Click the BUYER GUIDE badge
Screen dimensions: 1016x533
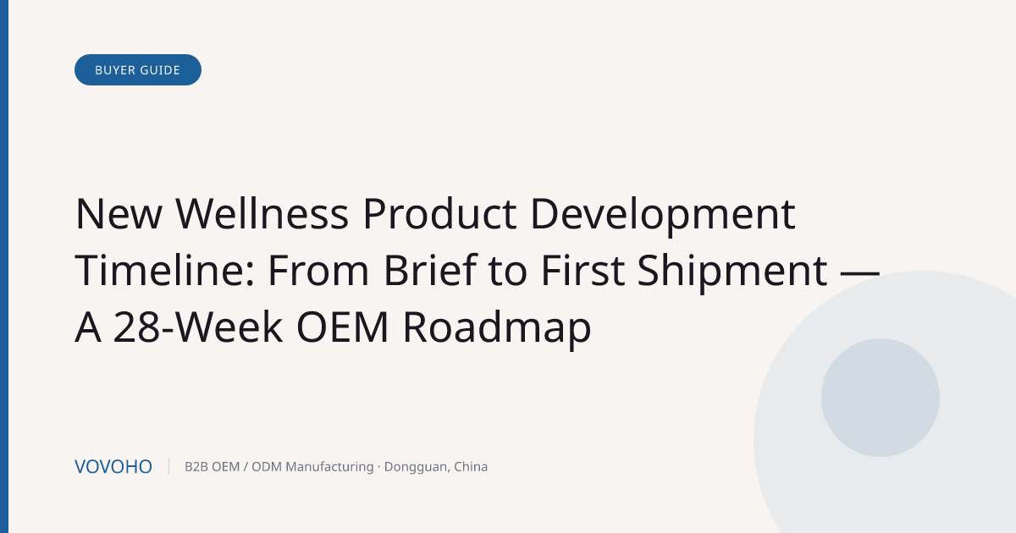[138, 69]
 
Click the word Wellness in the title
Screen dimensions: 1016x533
[262, 213]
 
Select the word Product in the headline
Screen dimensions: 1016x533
[439, 213]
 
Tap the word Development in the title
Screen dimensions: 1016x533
[663, 217]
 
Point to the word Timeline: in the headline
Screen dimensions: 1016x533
[164, 270]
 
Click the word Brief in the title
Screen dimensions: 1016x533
[430, 270]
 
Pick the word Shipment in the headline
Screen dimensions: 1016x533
[732, 272]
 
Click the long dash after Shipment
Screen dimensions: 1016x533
[860, 273]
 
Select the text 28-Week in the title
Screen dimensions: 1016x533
[197, 327]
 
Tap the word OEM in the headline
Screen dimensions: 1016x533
[342, 327]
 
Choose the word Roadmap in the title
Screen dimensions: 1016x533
[497, 329]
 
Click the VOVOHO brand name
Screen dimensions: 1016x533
[113, 467]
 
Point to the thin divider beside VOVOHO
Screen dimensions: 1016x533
[168, 466]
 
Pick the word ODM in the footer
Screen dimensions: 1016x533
[267, 467]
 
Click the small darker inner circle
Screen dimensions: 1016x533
[881, 398]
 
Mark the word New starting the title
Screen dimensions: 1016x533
[119, 213]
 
